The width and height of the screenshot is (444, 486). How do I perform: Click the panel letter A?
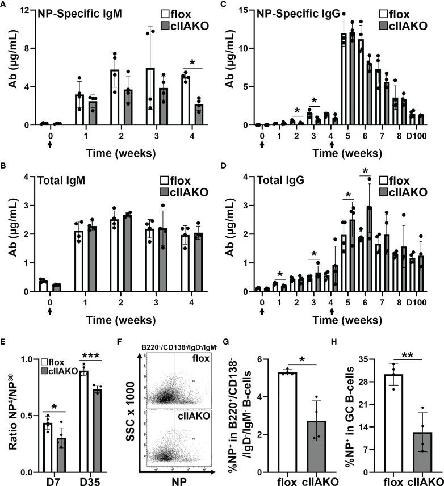(x=4, y=5)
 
